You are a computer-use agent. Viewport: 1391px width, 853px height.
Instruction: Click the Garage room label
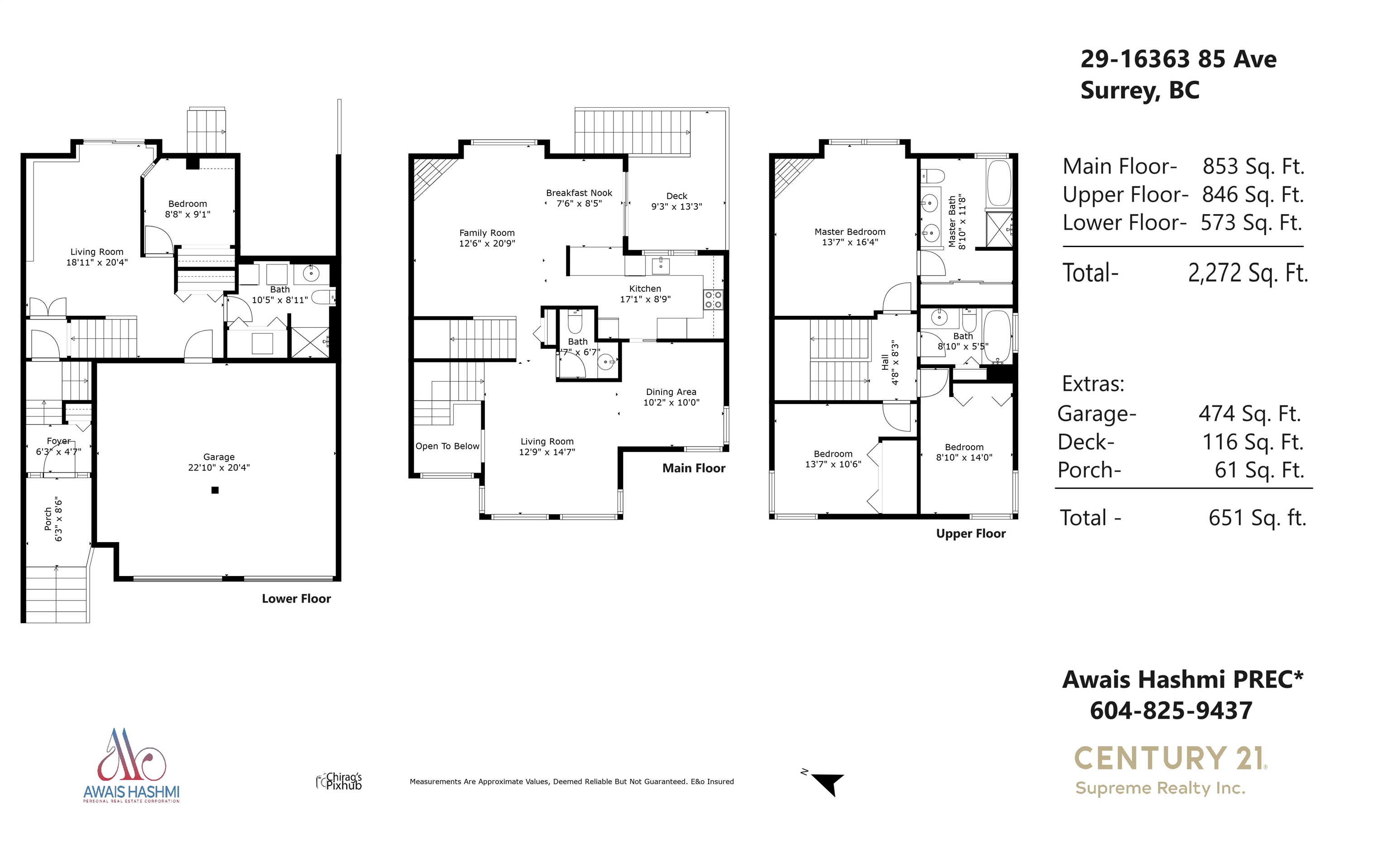(219, 457)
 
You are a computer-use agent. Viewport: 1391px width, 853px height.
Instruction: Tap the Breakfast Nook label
(579, 193)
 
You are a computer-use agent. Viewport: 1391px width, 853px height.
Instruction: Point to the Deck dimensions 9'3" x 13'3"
(676, 206)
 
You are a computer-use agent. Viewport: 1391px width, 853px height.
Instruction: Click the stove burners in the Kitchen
(713, 300)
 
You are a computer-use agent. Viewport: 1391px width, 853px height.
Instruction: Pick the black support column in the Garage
(215, 490)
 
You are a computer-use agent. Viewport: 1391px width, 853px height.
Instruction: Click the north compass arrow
(828, 784)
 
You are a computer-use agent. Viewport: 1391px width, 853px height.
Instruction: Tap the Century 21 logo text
(1170, 759)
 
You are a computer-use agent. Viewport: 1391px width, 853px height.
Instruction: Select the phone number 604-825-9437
(1171, 711)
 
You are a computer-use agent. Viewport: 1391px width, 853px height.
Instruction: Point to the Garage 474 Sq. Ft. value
(1250, 414)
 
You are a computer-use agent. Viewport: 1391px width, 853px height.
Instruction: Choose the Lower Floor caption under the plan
(297, 599)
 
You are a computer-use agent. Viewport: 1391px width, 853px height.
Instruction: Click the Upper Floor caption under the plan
(971, 534)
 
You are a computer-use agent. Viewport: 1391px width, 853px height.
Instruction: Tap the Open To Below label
(447, 446)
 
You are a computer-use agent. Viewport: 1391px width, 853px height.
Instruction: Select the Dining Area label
(671, 392)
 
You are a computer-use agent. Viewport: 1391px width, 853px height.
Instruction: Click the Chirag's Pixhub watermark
(339, 782)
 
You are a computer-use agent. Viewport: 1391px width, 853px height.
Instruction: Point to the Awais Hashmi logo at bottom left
(131, 765)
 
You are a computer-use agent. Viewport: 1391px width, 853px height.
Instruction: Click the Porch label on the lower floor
(48, 519)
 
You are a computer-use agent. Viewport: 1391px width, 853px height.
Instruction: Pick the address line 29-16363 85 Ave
(1178, 59)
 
